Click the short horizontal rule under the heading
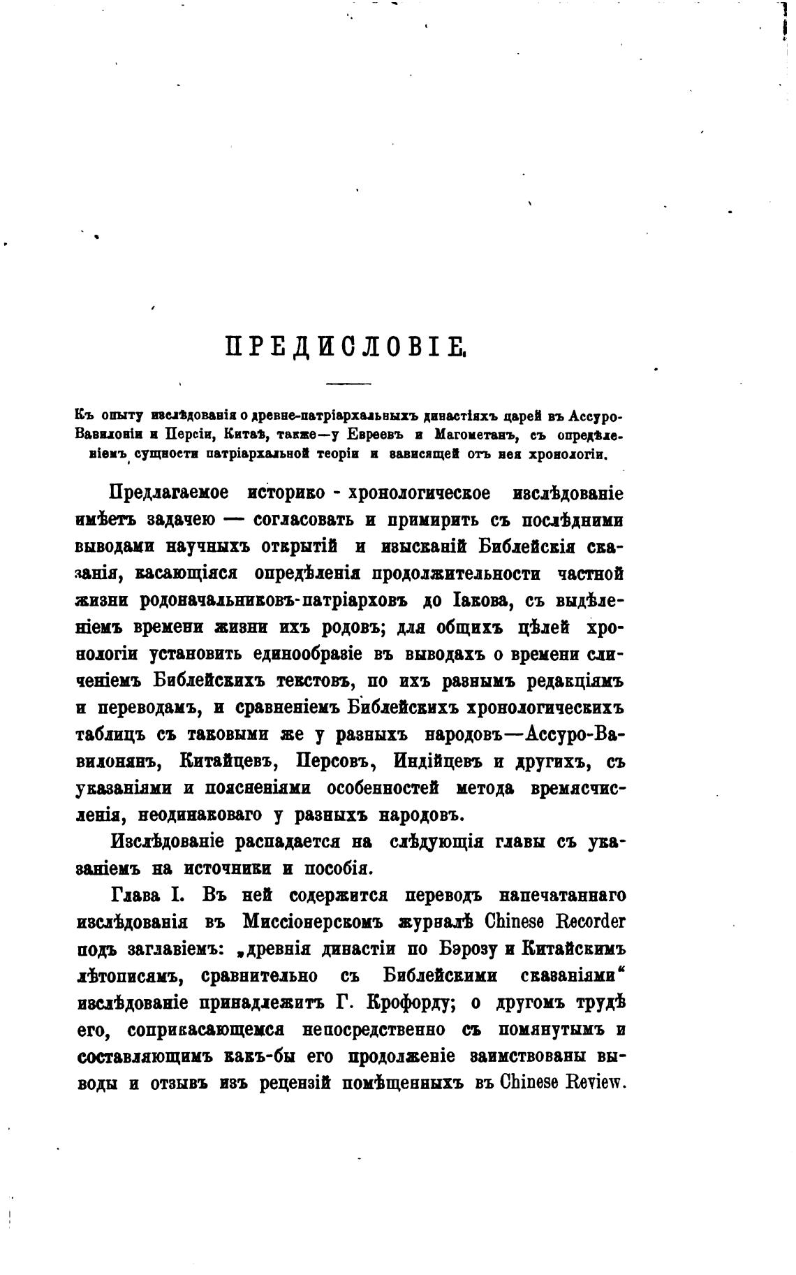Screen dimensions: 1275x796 (349, 383)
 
